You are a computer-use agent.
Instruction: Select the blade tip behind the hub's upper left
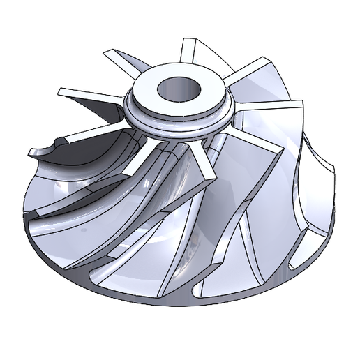coord(115,54)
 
